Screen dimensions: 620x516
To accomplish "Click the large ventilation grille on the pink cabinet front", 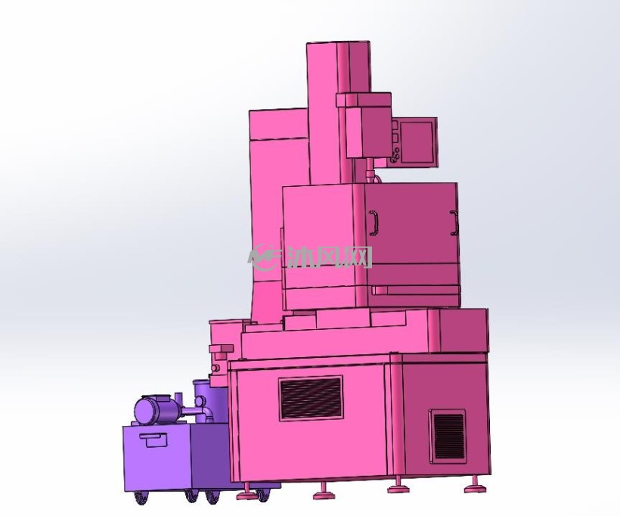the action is (x=311, y=399).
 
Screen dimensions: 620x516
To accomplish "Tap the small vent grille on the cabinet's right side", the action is (x=448, y=437).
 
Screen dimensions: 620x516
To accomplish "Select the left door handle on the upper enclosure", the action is (x=374, y=222).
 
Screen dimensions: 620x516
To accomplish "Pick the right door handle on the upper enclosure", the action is (x=454, y=222).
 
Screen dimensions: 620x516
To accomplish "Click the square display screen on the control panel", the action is (x=417, y=142).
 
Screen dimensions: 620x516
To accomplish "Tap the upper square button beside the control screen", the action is (x=394, y=125).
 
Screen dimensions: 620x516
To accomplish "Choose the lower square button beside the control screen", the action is (x=394, y=137).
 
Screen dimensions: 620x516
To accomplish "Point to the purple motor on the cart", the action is (x=158, y=409).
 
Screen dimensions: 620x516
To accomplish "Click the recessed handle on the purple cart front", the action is (x=154, y=440).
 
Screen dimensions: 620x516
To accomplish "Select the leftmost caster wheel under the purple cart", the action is (x=140, y=497).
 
